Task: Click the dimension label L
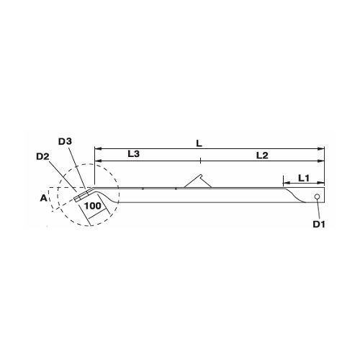(199, 143)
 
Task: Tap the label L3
(133, 154)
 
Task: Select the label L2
(262, 156)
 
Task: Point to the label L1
(304, 178)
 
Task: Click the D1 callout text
(319, 224)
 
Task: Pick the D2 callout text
(42, 156)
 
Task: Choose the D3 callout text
(65, 142)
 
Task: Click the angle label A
(43, 198)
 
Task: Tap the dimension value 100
(93, 206)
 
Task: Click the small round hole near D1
(317, 197)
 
